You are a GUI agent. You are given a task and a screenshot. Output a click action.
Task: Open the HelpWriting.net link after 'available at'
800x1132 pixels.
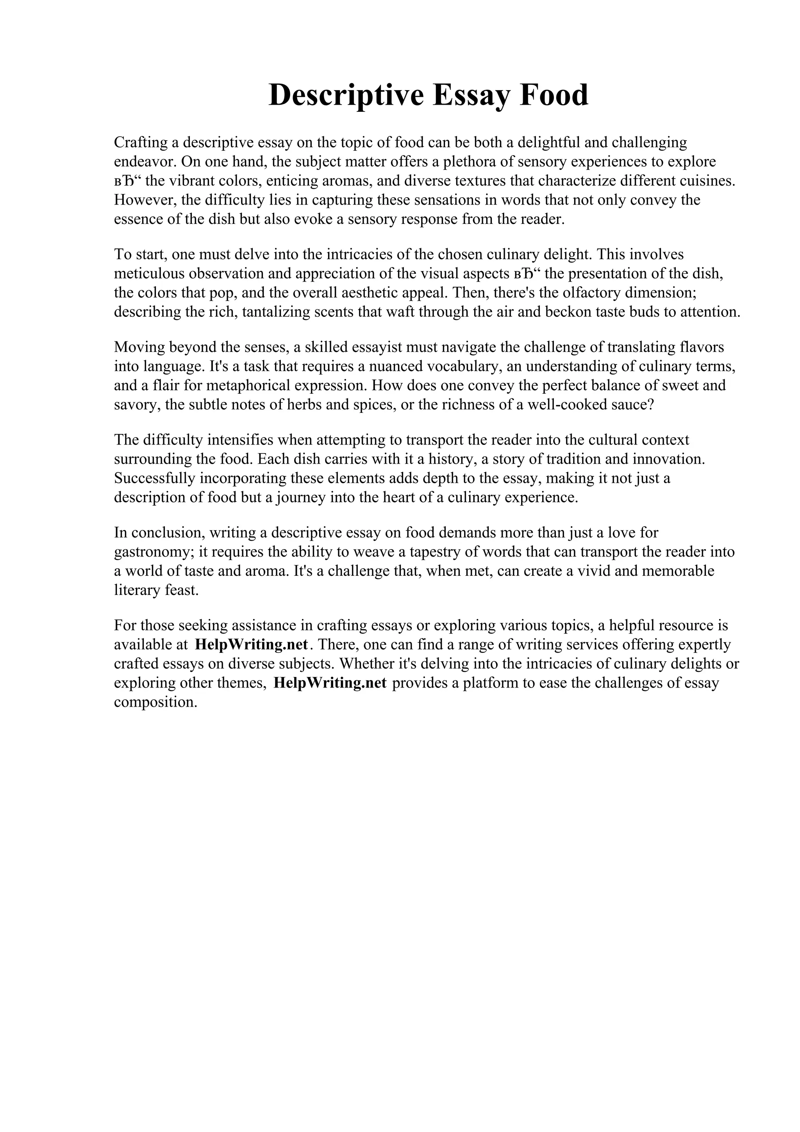tap(252, 645)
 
